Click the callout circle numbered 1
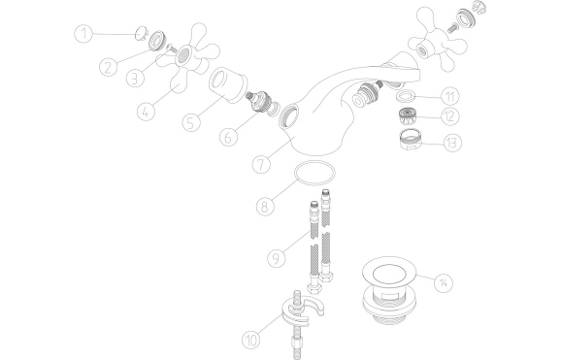click(x=83, y=34)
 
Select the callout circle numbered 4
click(x=146, y=112)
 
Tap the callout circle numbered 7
click(x=261, y=165)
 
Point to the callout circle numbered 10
click(x=251, y=340)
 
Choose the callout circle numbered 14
click(x=444, y=282)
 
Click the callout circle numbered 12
click(x=449, y=116)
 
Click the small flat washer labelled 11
click(x=405, y=96)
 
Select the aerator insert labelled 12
click(x=407, y=116)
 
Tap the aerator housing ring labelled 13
click(x=410, y=140)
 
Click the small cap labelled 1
click(x=141, y=33)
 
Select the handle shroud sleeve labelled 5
click(x=227, y=85)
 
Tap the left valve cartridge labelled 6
click(x=259, y=102)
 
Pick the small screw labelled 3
click(x=170, y=48)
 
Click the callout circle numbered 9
click(x=277, y=258)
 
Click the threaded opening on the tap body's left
click(x=289, y=115)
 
